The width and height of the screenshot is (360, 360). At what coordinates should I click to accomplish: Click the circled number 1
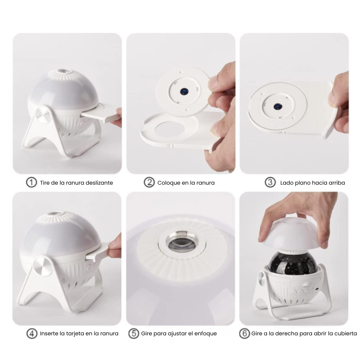(x=31, y=183)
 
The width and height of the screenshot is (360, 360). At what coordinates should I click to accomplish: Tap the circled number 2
(x=149, y=183)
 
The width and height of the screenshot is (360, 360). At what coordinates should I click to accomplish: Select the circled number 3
(x=270, y=183)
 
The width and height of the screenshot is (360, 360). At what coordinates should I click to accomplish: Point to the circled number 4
(x=32, y=333)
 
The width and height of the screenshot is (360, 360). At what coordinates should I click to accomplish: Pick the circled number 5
(x=134, y=333)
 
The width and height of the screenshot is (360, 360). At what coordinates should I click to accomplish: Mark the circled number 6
(x=245, y=333)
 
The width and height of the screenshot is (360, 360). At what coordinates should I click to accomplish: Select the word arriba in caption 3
(x=337, y=183)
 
